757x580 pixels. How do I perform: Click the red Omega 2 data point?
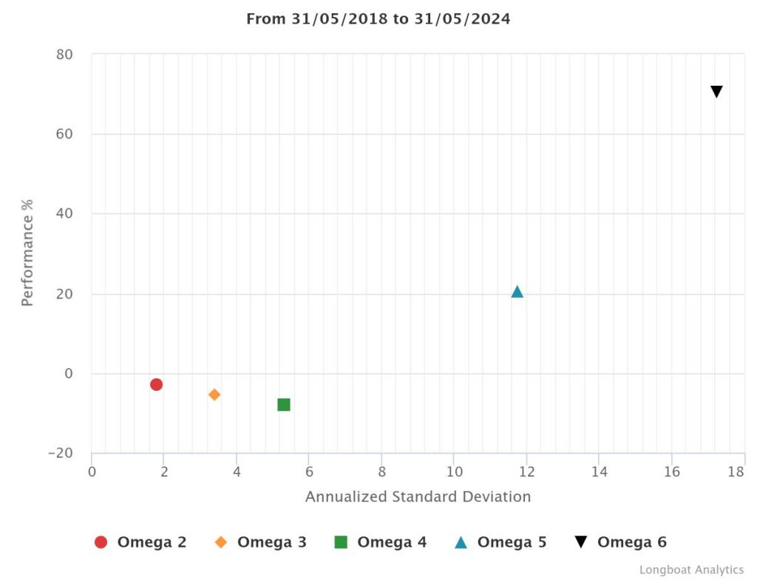click(x=156, y=384)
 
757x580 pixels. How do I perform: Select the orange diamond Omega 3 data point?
click(x=214, y=395)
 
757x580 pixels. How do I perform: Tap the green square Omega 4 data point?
click(x=284, y=404)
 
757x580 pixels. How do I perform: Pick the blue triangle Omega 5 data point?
click(x=517, y=292)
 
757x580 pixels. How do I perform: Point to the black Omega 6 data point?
click(x=716, y=92)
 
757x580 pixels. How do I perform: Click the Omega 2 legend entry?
click(x=140, y=542)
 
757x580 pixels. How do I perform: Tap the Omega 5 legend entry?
click(x=500, y=542)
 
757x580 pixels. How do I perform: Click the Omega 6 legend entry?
click(x=620, y=542)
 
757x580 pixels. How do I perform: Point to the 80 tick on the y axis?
click(x=65, y=55)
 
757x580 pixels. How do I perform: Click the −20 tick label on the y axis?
click(x=61, y=453)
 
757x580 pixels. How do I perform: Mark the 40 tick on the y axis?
click(x=65, y=214)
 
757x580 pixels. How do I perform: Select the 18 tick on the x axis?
click(x=735, y=471)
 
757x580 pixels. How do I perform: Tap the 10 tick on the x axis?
click(x=454, y=471)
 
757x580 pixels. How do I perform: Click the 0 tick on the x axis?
click(x=92, y=471)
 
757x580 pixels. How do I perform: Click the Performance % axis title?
click(x=27, y=252)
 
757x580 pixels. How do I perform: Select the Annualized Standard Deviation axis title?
click(x=418, y=497)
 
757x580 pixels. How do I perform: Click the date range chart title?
click(x=378, y=19)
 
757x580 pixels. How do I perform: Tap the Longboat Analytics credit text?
click(x=691, y=570)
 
